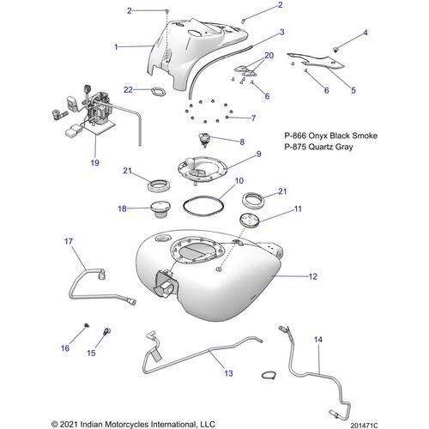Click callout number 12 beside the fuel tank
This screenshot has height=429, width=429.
pyautogui.click(x=288, y=276)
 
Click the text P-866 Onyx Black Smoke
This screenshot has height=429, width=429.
pyautogui.click(x=330, y=136)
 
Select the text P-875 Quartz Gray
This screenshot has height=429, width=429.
pyautogui.click(x=318, y=148)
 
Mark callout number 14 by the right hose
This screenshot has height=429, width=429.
pyautogui.click(x=319, y=341)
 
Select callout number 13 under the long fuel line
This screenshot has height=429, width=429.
pyautogui.click(x=228, y=373)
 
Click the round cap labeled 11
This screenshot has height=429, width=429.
pyautogui.click(x=250, y=221)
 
